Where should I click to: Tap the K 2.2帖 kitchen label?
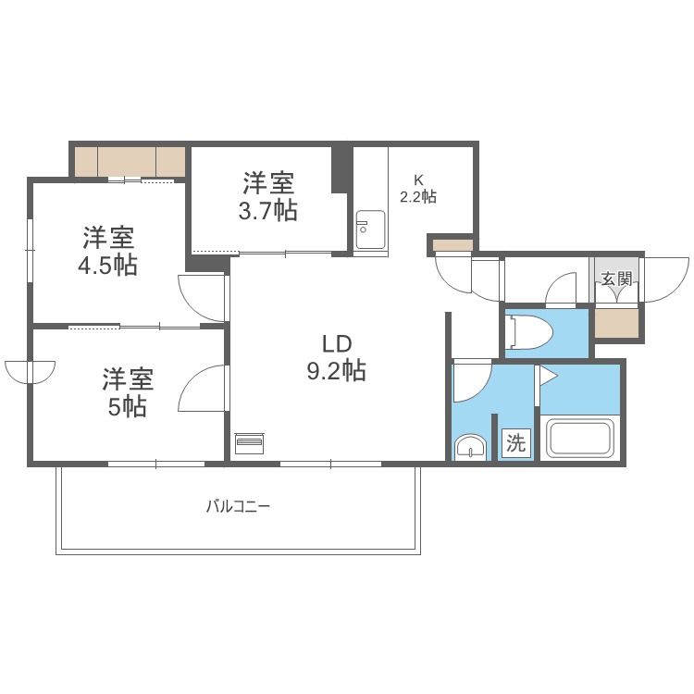pyautogui.click(x=418, y=188)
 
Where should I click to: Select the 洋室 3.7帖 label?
pyautogui.click(x=268, y=194)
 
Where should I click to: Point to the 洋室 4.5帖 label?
pyautogui.click(x=109, y=251)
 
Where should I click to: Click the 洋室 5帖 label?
pyautogui.click(x=128, y=392)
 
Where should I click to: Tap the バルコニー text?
pyautogui.click(x=238, y=507)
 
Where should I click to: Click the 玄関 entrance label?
pyautogui.click(x=616, y=279)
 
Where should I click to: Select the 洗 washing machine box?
pyautogui.click(x=515, y=443)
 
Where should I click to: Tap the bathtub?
pyautogui.click(x=581, y=438)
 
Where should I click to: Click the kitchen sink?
pyautogui.click(x=370, y=229)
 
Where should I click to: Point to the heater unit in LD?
pyautogui.click(x=250, y=444)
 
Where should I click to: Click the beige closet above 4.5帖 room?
pyautogui.click(x=130, y=161)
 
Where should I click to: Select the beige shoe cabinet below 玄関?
pyautogui.click(x=616, y=322)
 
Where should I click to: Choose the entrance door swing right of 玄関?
pyautogui.click(x=663, y=278)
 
